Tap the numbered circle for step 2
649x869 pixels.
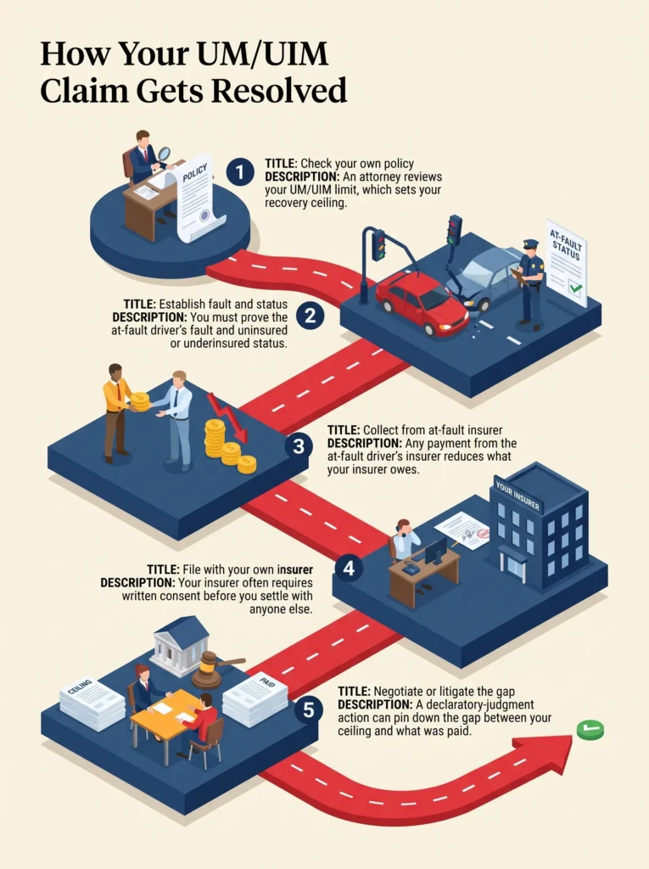(310, 316)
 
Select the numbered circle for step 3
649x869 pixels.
(299, 446)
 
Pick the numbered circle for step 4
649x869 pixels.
(350, 568)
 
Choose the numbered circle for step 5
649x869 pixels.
(308, 709)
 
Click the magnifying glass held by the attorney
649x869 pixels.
(164, 154)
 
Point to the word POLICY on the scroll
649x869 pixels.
(194, 172)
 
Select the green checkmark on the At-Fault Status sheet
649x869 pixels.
(576, 289)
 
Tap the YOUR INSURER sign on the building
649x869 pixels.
(518, 495)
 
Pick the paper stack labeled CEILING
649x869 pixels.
(92, 704)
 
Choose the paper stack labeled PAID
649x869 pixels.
(255, 698)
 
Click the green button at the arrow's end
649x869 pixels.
(590, 730)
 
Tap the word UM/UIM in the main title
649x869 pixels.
(260, 54)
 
